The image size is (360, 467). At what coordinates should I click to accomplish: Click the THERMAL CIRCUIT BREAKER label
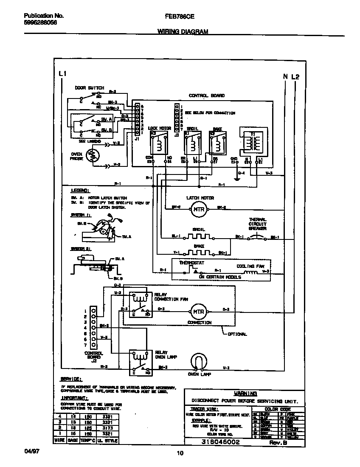point(258,224)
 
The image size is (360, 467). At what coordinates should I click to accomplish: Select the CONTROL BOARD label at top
point(207,96)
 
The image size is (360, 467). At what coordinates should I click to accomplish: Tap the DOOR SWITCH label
point(89,88)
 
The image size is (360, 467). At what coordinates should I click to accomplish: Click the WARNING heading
point(245,394)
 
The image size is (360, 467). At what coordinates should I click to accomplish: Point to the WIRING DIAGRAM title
point(183,32)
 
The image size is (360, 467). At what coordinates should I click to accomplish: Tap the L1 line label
point(62,74)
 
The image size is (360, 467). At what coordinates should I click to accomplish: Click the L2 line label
point(295,77)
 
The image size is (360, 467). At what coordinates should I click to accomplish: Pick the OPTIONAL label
point(237,334)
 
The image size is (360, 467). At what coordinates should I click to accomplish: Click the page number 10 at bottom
point(180,453)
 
